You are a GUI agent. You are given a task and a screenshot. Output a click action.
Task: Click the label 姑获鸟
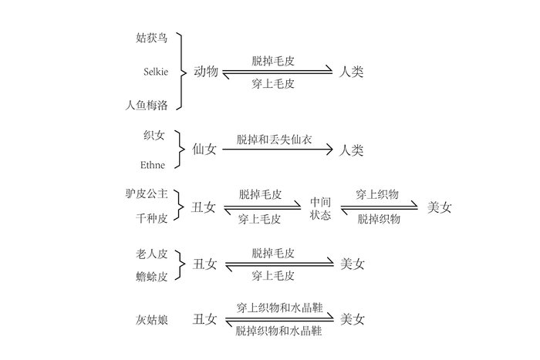coord(151,38)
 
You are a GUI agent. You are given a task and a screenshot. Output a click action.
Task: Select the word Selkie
coord(156,72)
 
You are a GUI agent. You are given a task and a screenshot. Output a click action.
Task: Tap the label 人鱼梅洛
coord(147,105)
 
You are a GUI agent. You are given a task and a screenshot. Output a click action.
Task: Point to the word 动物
coord(206,72)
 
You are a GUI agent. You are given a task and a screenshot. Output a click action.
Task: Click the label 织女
coord(154,135)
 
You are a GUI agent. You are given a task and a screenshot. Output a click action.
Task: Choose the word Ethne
coord(153,165)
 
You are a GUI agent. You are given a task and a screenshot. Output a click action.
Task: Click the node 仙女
coord(204,150)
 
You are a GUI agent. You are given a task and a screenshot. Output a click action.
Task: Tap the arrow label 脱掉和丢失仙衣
coord(274,140)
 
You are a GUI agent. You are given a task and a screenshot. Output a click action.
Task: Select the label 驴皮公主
coord(147,193)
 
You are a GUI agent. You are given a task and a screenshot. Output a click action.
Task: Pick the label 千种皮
coord(151,218)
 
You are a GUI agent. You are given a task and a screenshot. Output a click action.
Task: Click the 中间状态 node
coord(320,208)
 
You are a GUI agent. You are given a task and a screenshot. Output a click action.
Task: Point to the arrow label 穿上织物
coord(377,194)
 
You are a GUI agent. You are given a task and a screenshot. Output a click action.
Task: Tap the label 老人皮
coord(151,254)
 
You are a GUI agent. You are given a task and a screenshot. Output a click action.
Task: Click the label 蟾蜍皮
coord(151,277)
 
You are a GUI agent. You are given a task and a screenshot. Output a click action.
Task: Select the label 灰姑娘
coord(151,320)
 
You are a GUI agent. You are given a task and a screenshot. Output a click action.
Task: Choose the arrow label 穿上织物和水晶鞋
coord(279,308)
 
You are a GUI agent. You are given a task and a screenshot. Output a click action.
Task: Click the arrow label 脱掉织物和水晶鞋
coord(278,331)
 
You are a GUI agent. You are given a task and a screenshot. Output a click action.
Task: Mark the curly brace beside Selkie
coord(182,72)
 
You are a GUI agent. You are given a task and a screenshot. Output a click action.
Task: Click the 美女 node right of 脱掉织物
coord(439,207)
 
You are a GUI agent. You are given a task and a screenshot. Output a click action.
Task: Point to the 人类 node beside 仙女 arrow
coord(351,150)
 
